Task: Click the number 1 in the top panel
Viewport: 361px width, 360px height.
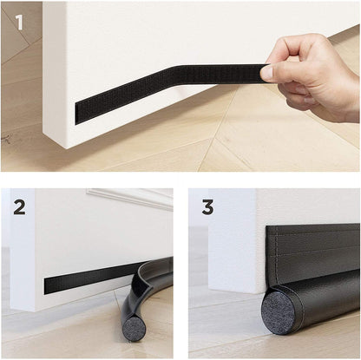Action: (x=19, y=22)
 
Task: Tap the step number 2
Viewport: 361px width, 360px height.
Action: (x=19, y=207)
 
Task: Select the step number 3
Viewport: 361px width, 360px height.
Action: (x=207, y=207)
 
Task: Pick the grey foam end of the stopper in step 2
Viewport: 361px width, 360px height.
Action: (x=135, y=328)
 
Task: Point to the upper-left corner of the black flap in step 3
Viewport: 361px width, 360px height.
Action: (x=267, y=227)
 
